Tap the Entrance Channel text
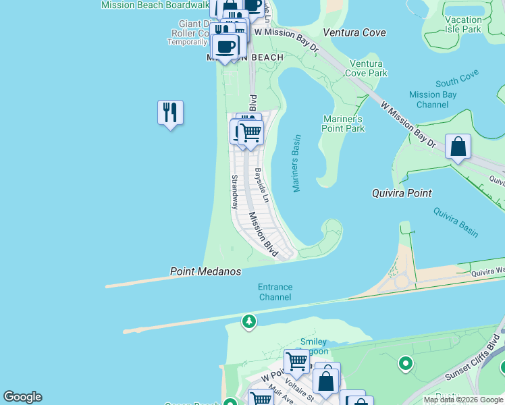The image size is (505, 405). click(x=275, y=292)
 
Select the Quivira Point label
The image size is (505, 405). click(x=401, y=193)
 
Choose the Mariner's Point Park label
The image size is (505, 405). click(x=343, y=124)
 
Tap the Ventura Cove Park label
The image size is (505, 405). click(x=368, y=68)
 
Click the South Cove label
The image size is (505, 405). click(x=457, y=82)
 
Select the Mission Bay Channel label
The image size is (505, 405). click(x=433, y=100)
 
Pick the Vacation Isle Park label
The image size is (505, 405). click(x=463, y=25)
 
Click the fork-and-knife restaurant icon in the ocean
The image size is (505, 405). click(x=170, y=113)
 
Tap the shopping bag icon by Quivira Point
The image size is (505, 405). click(x=458, y=146)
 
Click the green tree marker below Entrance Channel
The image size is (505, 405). click(x=250, y=321)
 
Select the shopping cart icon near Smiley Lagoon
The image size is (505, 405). click(x=296, y=361)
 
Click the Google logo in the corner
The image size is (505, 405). click(x=22, y=397)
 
